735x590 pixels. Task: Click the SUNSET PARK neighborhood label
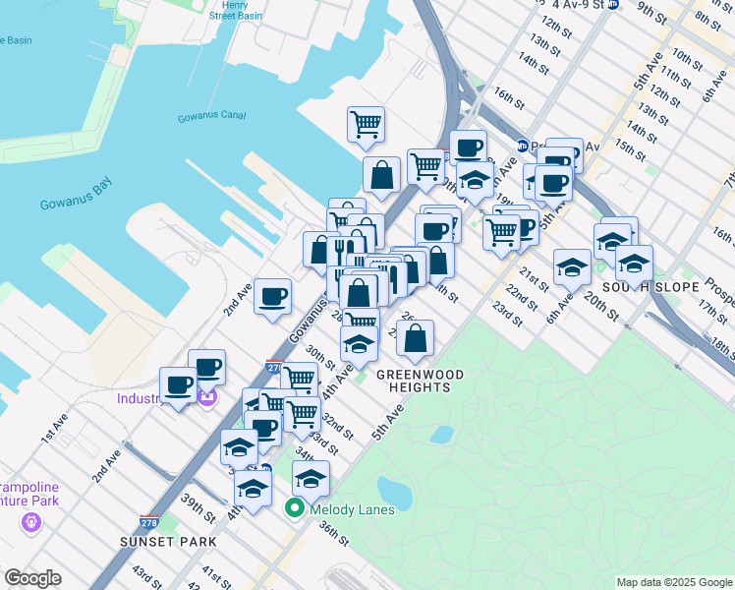[160, 542]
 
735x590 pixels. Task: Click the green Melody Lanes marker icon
[294, 509]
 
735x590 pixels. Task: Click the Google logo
[32, 578]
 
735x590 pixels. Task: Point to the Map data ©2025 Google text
[673, 582]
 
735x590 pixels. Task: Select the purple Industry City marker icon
[206, 398]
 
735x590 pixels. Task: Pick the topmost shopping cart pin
[366, 124]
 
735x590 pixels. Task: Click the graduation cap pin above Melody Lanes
[311, 479]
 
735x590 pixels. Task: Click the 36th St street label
[334, 536]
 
